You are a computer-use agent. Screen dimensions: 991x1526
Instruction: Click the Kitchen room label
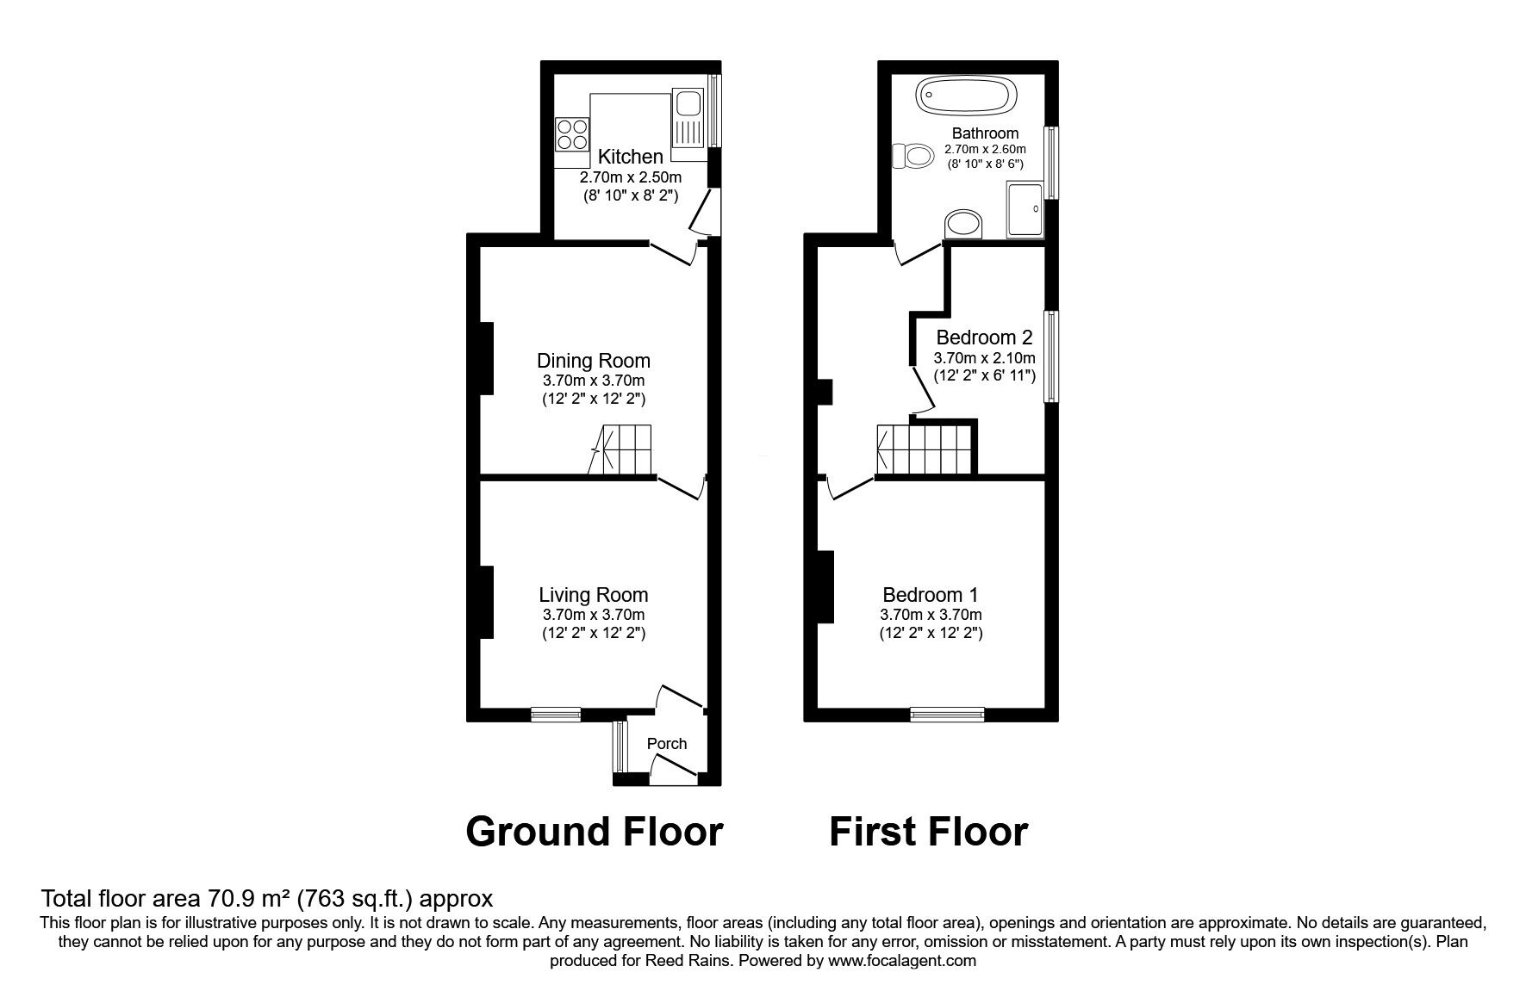click(630, 157)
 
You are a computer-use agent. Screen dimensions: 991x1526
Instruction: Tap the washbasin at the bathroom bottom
click(964, 226)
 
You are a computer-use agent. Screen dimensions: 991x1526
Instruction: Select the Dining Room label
click(593, 361)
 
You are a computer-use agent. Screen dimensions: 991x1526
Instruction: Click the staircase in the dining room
click(622, 449)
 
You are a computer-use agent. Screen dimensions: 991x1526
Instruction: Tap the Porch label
click(667, 744)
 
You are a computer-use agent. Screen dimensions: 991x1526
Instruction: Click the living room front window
click(556, 713)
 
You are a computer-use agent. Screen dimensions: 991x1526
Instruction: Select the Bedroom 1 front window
click(947, 713)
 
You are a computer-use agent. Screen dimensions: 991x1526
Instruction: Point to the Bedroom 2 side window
click(1051, 356)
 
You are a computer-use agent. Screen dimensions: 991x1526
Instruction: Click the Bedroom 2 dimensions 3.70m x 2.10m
click(984, 358)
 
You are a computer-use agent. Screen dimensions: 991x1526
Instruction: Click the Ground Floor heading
click(594, 832)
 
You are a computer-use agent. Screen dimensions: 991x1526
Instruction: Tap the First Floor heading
click(928, 832)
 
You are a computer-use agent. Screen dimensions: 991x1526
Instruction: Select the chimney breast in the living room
click(486, 602)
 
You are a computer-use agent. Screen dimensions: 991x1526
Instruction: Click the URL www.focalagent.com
click(901, 961)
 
